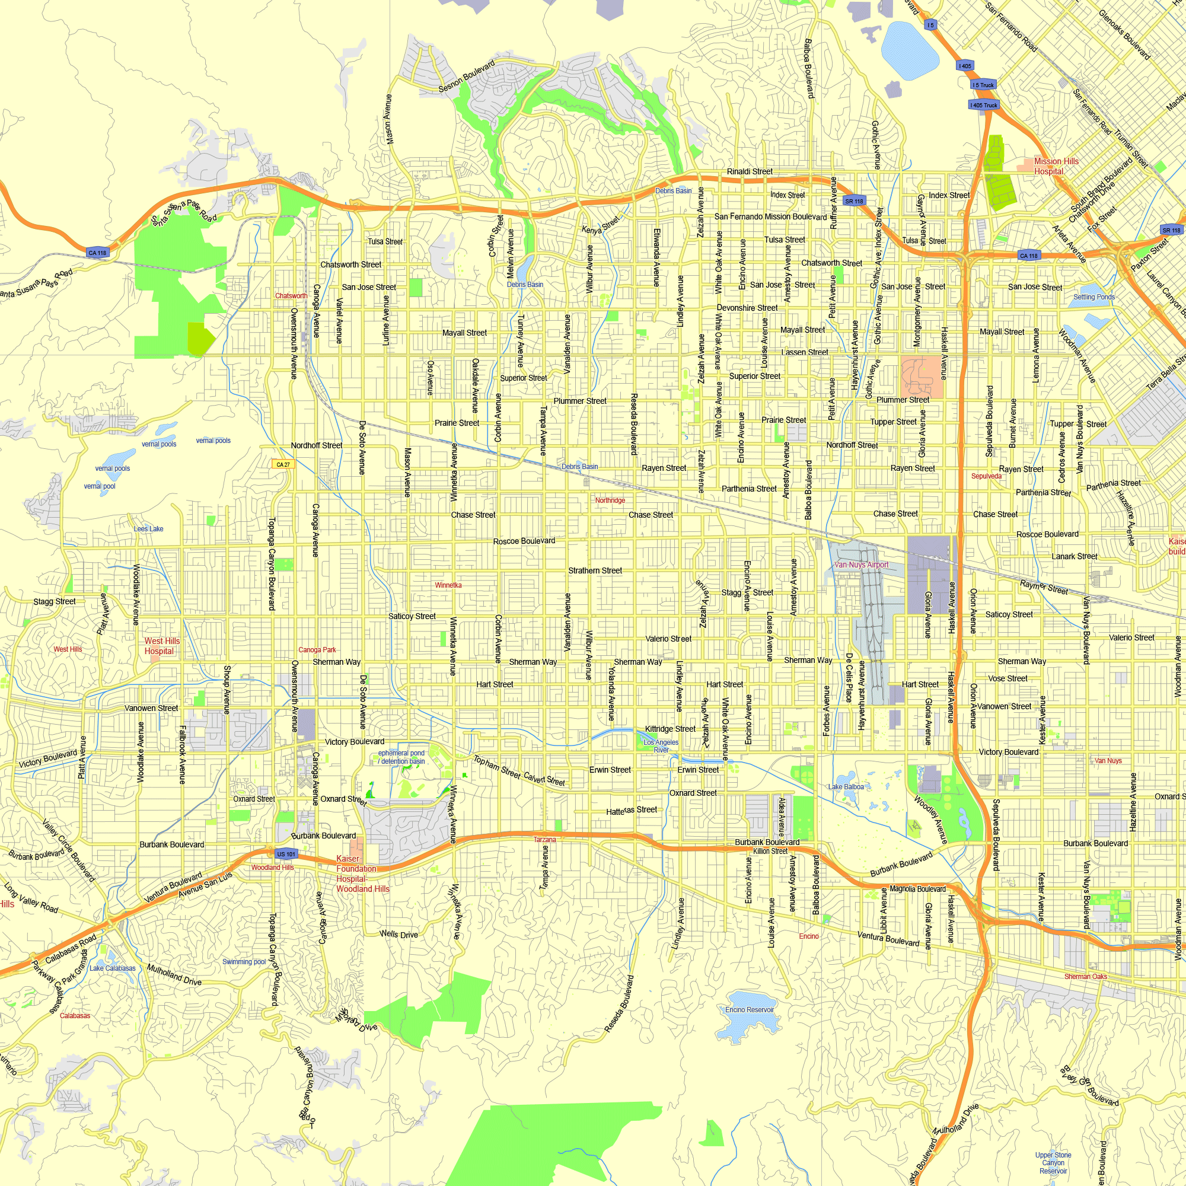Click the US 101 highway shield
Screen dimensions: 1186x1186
coord(285,854)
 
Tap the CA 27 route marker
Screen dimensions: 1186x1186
coord(283,465)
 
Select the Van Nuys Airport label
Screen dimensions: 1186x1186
coord(861,565)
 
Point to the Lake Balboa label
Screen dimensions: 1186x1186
coord(846,787)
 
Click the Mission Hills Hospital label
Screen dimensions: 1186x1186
coord(1056,167)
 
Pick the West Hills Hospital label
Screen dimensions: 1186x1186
coord(161,646)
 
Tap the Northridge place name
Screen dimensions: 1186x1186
coord(610,500)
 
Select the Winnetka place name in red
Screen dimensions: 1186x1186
coord(448,585)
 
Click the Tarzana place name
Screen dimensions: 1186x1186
coord(544,840)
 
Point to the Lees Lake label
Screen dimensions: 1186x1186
coord(149,528)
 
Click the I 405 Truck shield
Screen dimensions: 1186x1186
coord(984,105)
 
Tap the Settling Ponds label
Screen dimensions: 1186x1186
coord(1094,297)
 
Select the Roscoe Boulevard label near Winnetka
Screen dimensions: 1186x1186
coord(524,541)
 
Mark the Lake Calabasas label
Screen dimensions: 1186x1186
coord(112,968)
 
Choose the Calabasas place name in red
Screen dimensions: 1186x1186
coord(75,1016)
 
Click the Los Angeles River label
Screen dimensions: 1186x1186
coord(661,746)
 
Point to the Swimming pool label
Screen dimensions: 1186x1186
coord(244,962)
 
